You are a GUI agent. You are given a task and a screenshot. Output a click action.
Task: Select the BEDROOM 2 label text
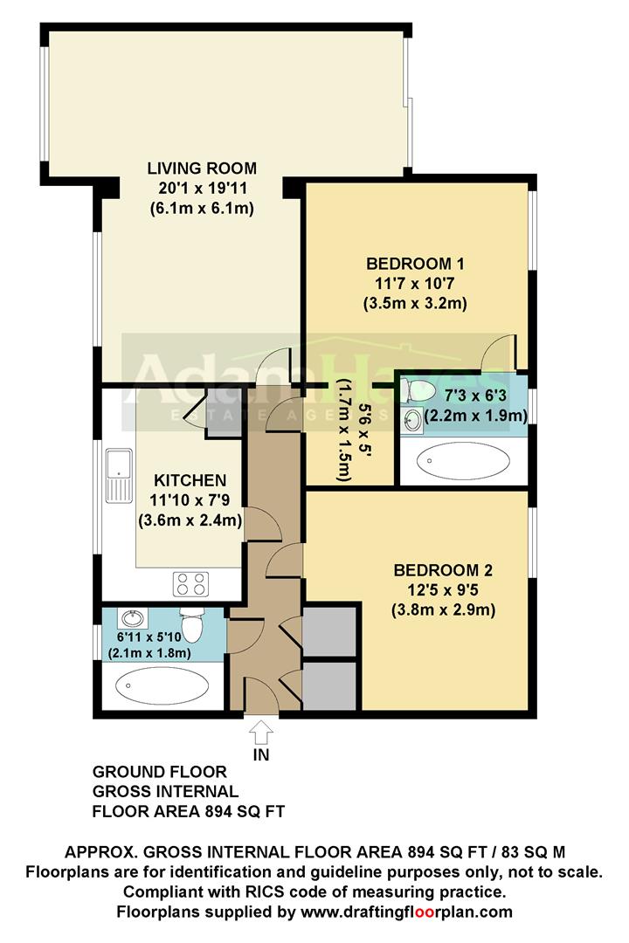click(443, 571)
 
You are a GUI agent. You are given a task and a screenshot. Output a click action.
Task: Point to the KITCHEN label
click(190, 481)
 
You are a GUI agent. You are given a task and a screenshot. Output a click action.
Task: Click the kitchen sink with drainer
click(116, 476)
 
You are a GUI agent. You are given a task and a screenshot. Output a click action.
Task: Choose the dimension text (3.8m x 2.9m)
click(443, 610)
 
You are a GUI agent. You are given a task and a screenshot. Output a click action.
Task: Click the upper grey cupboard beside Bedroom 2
click(328, 633)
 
